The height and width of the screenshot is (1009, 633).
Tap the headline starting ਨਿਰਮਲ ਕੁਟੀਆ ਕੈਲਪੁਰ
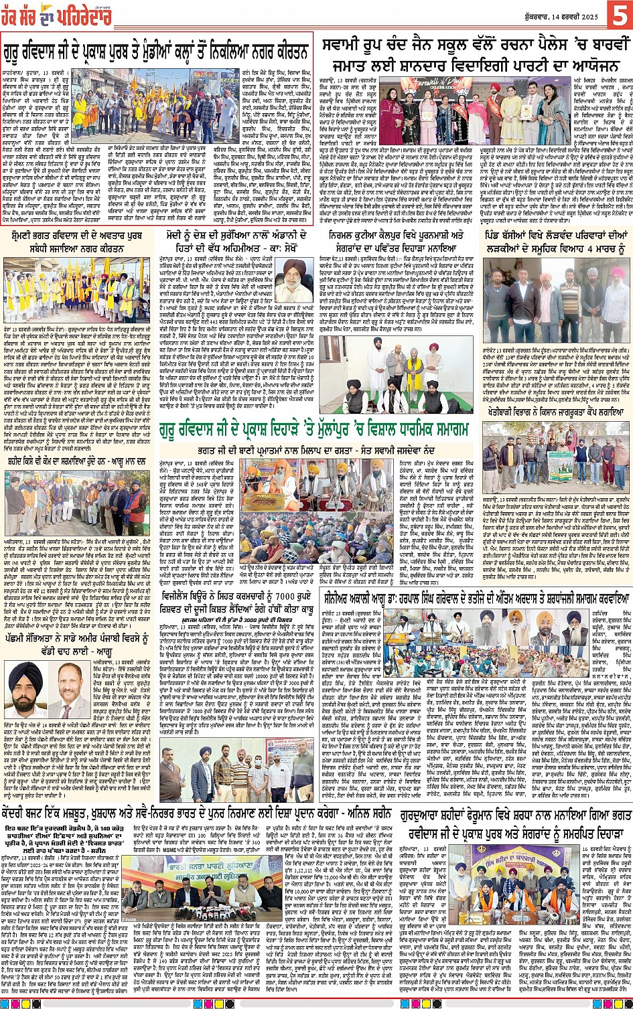pos(397,236)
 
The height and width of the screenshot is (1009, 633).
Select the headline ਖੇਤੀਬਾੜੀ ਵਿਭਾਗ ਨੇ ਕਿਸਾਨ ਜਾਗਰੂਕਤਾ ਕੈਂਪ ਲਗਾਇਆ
pos(555,414)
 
